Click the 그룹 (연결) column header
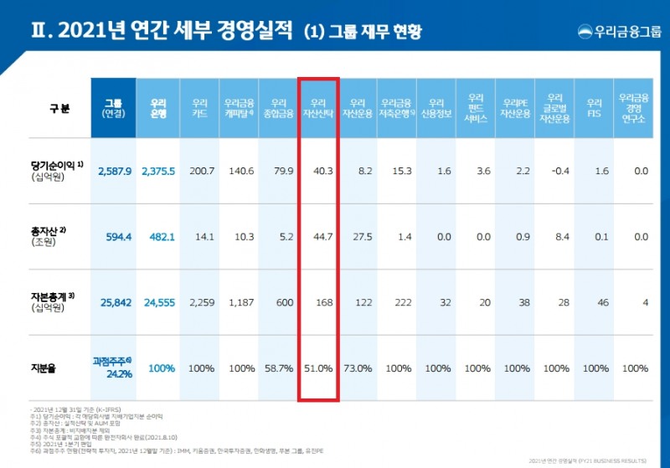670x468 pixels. click(113, 107)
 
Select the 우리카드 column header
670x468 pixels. click(199, 107)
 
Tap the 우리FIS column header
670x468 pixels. click(595, 107)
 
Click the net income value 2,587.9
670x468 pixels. click(115, 171)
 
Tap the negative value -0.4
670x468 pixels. click(554, 171)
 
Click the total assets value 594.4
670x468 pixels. click(115, 237)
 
